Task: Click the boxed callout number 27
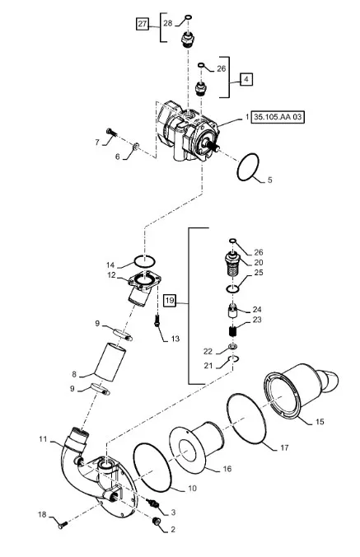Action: coord(143,24)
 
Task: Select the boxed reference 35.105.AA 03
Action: coord(278,117)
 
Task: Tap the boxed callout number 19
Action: coord(170,301)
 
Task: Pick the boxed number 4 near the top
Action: coord(246,79)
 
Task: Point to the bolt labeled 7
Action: coord(110,133)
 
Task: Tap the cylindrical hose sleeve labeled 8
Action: coord(110,363)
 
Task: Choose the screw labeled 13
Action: coord(157,321)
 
